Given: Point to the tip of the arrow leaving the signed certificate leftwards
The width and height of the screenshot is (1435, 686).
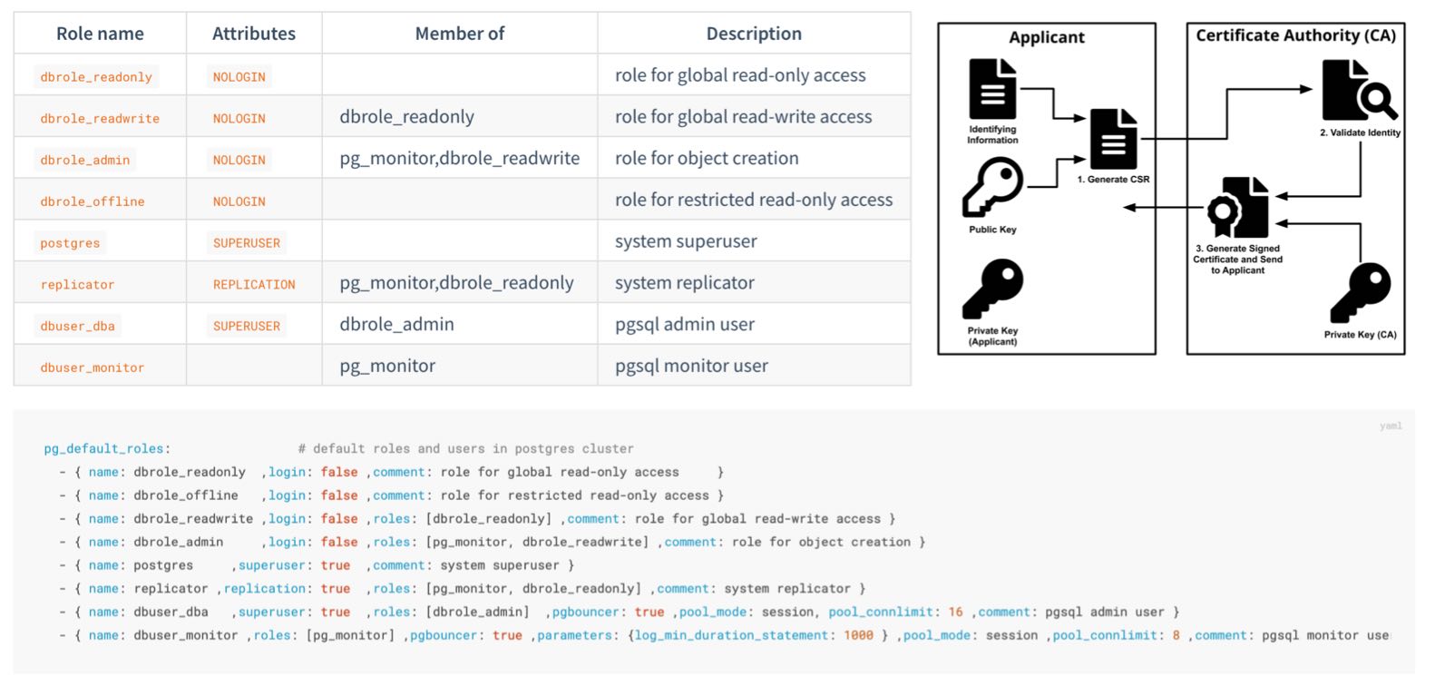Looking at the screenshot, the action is (x=1124, y=207).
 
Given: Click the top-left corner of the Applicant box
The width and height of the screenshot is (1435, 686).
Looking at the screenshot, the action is (x=939, y=24).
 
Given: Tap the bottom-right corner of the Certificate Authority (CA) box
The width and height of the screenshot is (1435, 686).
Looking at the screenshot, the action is (x=1405, y=354).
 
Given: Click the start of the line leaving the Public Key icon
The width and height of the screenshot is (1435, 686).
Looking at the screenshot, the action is (x=1028, y=187).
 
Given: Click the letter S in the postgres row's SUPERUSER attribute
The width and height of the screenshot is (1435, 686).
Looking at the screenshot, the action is (x=217, y=243).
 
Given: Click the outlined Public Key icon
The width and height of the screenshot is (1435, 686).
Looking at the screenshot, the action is (x=992, y=187).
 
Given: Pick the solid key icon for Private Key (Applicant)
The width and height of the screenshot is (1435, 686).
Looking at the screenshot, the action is (x=992, y=289).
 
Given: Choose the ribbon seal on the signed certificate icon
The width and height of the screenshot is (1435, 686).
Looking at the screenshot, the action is (x=1223, y=215).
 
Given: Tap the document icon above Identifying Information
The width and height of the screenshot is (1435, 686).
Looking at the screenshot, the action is (x=992, y=89).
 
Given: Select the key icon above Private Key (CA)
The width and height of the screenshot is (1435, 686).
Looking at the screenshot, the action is (x=1360, y=292).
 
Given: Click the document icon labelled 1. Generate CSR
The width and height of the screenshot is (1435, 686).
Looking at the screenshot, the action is (x=1114, y=139).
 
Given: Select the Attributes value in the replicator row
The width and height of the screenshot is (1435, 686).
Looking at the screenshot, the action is (x=254, y=285).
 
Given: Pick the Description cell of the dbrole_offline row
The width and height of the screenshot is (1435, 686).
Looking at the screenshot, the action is (x=754, y=200).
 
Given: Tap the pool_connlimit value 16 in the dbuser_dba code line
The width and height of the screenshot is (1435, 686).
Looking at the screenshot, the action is (x=955, y=612).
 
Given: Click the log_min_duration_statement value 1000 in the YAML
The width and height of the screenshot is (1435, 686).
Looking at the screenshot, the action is (x=858, y=635).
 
